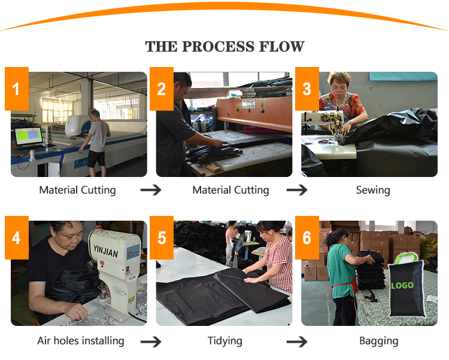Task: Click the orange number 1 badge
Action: click(x=17, y=89)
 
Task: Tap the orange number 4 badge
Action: click(x=17, y=237)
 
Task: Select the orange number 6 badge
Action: click(x=307, y=237)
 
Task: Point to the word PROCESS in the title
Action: click(x=218, y=47)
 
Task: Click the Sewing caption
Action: click(x=373, y=190)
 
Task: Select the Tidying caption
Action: click(x=224, y=341)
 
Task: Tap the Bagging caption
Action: click(x=378, y=341)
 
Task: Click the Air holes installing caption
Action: click(x=81, y=341)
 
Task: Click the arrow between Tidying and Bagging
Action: click(x=297, y=341)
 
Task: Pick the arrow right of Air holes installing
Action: click(x=151, y=341)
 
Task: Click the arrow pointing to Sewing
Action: click(x=297, y=190)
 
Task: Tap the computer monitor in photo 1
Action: click(x=29, y=136)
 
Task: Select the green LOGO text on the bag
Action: click(x=402, y=285)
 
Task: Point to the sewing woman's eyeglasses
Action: click(x=339, y=87)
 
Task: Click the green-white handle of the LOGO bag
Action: click(x=405, y=258)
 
